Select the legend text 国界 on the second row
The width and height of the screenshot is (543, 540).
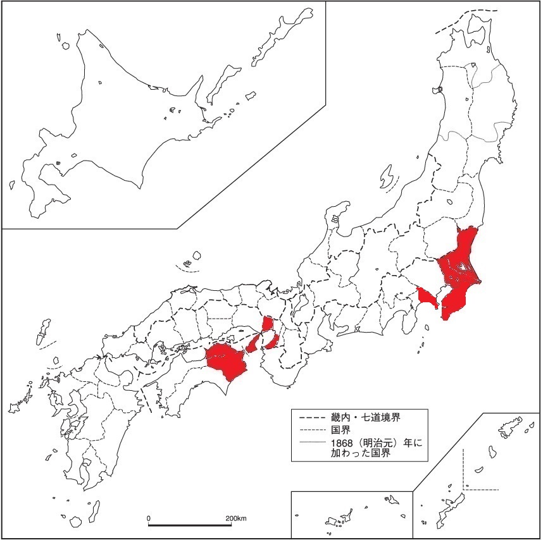(x=340, y=430)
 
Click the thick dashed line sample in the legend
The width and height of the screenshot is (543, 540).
(x=310, y=417)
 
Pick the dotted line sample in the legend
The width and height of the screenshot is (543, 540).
(x=310, y=443)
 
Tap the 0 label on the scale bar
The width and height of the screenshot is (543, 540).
(x=149, y=519)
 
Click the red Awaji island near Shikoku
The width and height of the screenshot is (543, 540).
(x=254, y=343)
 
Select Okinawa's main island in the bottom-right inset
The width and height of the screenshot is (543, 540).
(x=454, y=506)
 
